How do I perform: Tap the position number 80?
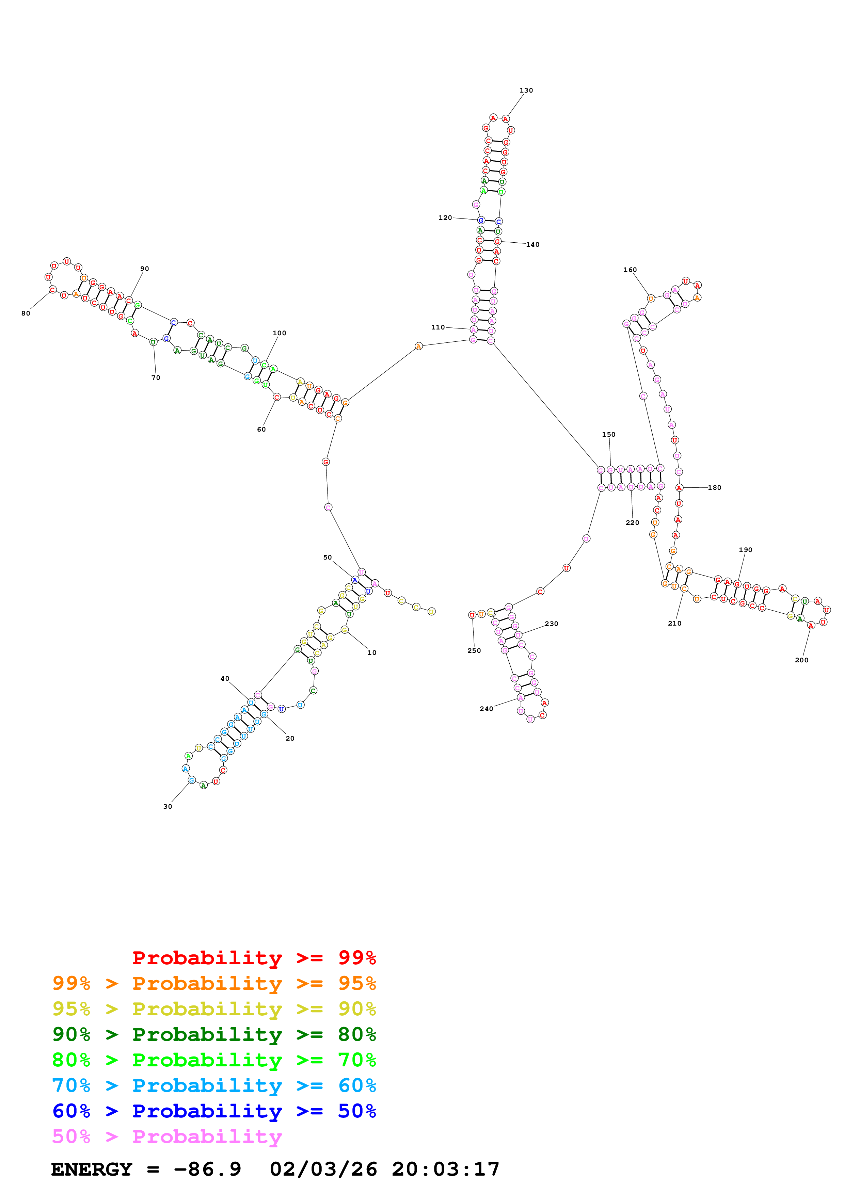point(26,313)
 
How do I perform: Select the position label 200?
point(801,660)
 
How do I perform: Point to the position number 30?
point(168,807)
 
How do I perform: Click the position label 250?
point(474,650)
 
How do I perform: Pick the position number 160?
point(630,270)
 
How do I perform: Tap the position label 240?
point(486,709)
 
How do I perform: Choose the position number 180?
point(715,488)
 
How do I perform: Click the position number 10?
point(372,652)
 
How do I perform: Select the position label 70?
point(156,377)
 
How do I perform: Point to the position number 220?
point(632,523)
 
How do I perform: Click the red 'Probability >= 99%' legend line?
point(254,958)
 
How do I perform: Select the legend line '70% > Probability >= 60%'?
point(214,1085)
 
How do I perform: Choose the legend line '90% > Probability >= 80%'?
point(214,1034)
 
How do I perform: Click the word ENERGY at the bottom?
point(92,1169)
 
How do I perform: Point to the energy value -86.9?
point(207,1169)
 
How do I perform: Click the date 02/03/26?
point(323,1169)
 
